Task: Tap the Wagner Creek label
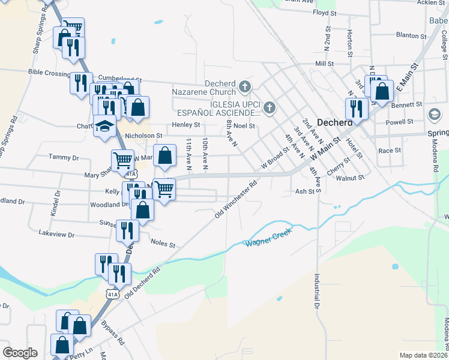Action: click(268, 237)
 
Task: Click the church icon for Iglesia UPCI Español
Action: click(270, 108)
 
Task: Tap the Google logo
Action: click(20, 353)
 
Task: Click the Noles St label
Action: click(163, 245)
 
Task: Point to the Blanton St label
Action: click(411, 36)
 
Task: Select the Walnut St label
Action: click(351, 178)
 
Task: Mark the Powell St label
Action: click(400, 121)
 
